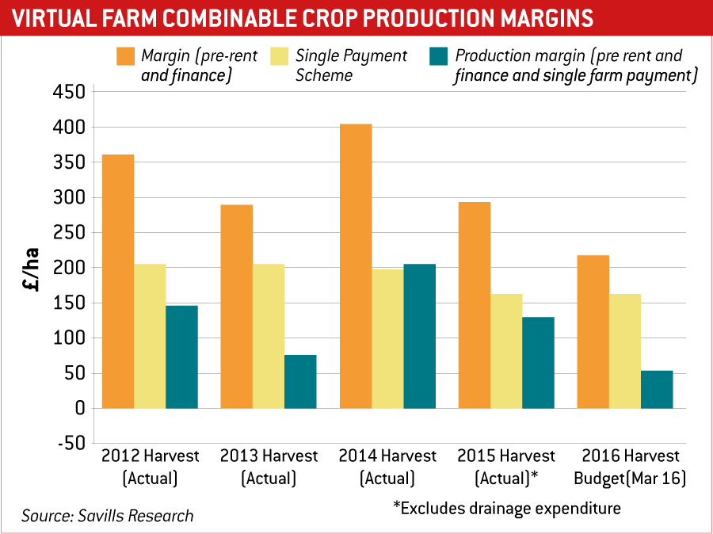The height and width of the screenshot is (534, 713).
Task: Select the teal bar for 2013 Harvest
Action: pos(300,381)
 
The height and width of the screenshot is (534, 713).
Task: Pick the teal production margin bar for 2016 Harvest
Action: pos(657,389)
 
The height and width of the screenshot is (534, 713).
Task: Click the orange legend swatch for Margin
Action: pos(125,56)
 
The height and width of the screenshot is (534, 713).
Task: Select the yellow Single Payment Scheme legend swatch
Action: pos(280,56)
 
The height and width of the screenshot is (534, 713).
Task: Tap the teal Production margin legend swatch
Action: pos(439,56)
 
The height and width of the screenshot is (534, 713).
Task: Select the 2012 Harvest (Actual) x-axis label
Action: pos(151,467)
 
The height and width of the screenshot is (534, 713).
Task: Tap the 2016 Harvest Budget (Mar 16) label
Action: pos(631,467)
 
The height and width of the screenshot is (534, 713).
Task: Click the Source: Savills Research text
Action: pos(108,516)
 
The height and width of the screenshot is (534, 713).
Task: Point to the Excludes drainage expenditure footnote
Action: pos(507,508)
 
